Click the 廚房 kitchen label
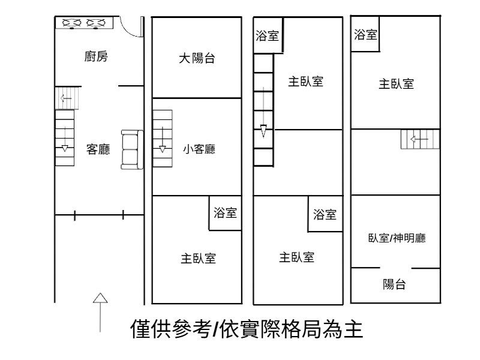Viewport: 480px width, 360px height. pos(97,57)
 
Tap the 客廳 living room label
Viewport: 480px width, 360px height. pos(98,149)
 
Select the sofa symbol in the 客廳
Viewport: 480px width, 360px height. pos(131,149)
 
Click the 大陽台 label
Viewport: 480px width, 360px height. pos(197,58)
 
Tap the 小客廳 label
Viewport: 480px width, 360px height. pos(199,149)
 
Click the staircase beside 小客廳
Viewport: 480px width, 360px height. pos(162,139)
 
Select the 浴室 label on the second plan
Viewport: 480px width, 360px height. pos(225,212)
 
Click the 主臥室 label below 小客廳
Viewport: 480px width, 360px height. pos(199,258)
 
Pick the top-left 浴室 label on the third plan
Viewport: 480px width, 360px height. pos(267,36)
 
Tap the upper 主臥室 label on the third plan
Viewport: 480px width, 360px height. pos(305,81)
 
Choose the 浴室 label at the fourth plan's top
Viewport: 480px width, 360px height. pos(365,35)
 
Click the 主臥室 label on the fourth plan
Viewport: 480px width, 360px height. pos(396,84)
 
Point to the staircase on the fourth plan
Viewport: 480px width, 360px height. pos(420,139)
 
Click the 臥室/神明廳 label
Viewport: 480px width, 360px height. pos(397,238)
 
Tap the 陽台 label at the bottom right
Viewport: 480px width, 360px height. pos(394,284)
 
